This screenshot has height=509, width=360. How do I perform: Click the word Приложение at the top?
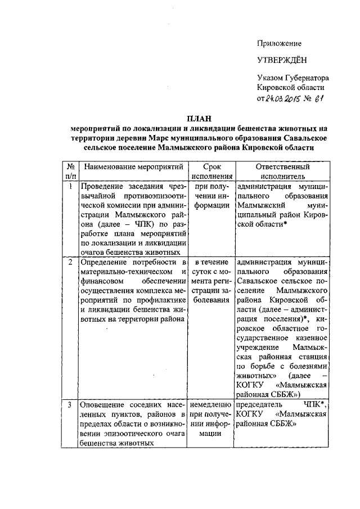click(280, 43)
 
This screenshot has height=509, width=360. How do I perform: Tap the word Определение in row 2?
click(105, 263)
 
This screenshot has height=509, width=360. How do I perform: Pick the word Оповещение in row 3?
click(103, 405)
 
